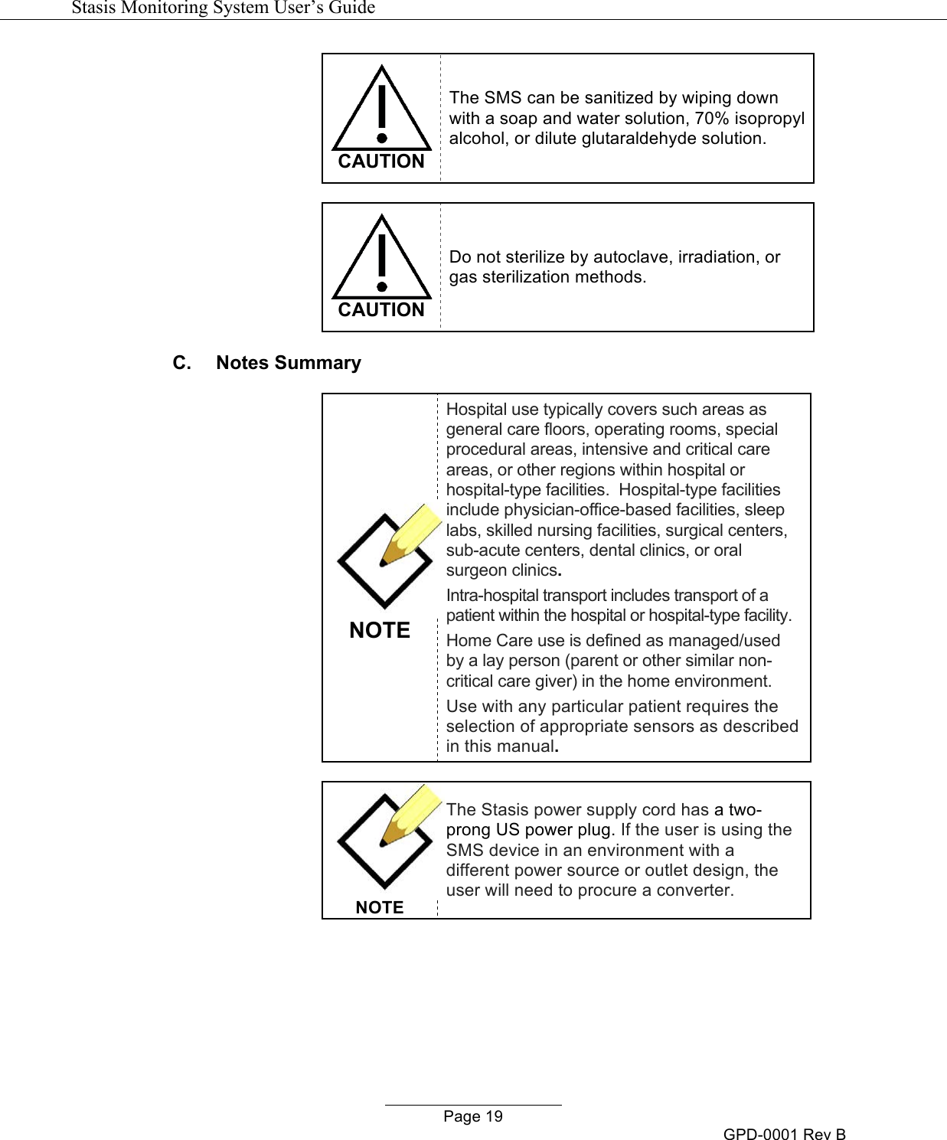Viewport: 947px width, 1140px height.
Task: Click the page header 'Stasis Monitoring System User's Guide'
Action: coord(223,8)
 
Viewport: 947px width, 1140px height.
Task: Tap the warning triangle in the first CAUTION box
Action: coord(381,111)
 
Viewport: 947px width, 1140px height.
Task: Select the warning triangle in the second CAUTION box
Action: coord(381,260)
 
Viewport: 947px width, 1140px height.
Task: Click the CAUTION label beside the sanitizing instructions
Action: coord(381,162)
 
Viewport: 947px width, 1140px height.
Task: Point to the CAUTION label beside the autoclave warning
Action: coord(381,310)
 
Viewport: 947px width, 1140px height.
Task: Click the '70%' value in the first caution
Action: coord(712,119)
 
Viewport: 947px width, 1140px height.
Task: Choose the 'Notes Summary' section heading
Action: coord(288,363)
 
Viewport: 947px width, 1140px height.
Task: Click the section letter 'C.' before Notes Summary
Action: coord(181,363)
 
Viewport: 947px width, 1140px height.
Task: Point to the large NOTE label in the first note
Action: coord(380,630)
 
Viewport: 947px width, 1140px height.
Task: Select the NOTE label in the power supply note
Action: coord(380,907)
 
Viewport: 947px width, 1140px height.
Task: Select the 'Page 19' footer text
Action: coord(473,1116)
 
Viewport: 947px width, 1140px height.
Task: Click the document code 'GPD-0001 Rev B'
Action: coord(784,1134)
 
